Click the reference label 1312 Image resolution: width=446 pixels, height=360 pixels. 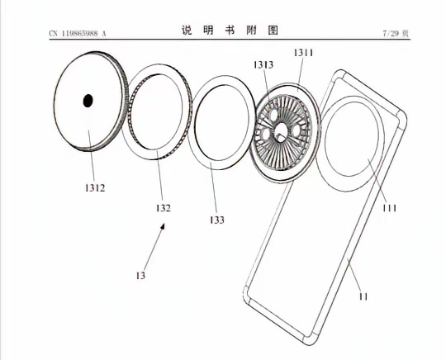(95, 188)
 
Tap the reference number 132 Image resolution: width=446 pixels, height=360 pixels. (164, 208)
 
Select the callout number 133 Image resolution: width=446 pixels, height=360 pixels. (217, 220)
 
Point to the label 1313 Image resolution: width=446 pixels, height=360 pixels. (263, 65)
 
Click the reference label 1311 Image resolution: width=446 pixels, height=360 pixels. (303, 53)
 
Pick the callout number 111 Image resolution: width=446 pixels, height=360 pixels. (389, 208)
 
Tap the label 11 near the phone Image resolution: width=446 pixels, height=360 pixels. (363, 297)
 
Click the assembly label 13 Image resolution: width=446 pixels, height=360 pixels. (140, 276)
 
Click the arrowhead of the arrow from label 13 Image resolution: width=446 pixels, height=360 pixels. (163, 226)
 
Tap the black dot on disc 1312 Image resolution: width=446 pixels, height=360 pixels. (88, 101)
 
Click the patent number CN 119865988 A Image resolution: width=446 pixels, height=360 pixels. (78, 34)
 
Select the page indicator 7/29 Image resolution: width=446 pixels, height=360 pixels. (391, 34)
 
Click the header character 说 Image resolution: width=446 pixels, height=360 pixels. (187, 30)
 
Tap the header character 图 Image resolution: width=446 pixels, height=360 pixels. (273, 30)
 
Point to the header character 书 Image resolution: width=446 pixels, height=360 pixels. (230, 30)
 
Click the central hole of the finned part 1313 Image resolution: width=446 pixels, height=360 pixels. (282, 130)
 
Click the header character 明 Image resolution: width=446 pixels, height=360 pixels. (208, 30)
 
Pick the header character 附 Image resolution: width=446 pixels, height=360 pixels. (251, 30)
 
